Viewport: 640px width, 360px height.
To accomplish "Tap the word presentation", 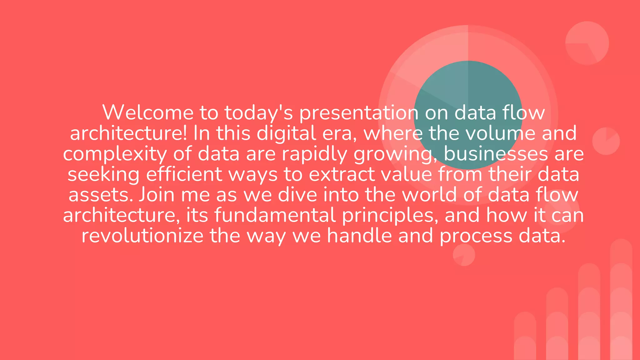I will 359,113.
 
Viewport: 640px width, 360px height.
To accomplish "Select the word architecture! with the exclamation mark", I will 128,133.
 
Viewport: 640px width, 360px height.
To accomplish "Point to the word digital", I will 286,134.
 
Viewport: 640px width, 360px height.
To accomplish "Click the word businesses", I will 496,154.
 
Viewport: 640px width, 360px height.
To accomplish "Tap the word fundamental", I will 275,215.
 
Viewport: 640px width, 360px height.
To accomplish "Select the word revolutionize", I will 142,236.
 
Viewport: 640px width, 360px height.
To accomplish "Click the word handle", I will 359,236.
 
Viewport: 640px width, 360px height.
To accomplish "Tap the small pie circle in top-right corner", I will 587,43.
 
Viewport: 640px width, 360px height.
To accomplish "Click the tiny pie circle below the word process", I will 464,255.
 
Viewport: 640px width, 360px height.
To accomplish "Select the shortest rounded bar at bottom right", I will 525,337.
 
